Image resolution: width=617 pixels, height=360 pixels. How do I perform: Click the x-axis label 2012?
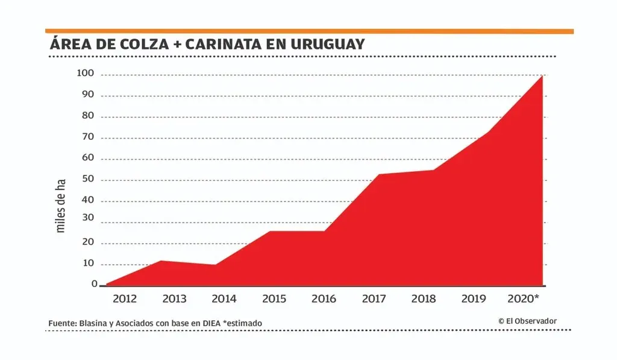(x=124, y=298)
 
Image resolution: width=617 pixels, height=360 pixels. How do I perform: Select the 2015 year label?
(x=274, y=298)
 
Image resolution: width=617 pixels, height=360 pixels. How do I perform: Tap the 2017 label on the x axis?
(x=374, y=298)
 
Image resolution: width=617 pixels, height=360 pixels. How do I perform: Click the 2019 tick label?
(x=474, y=298)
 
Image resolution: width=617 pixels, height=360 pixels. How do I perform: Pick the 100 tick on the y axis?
(x=86, y=74)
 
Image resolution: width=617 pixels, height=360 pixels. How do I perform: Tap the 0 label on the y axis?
(x=94, y=284)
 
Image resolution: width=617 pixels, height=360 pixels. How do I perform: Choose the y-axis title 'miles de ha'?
(x=60, y=206)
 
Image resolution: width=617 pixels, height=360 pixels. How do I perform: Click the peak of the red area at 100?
(x=542, y=76)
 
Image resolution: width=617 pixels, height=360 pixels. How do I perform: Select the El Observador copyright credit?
(x=527, y=321)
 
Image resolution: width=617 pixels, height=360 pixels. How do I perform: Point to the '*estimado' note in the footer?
(x=242, y=324)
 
